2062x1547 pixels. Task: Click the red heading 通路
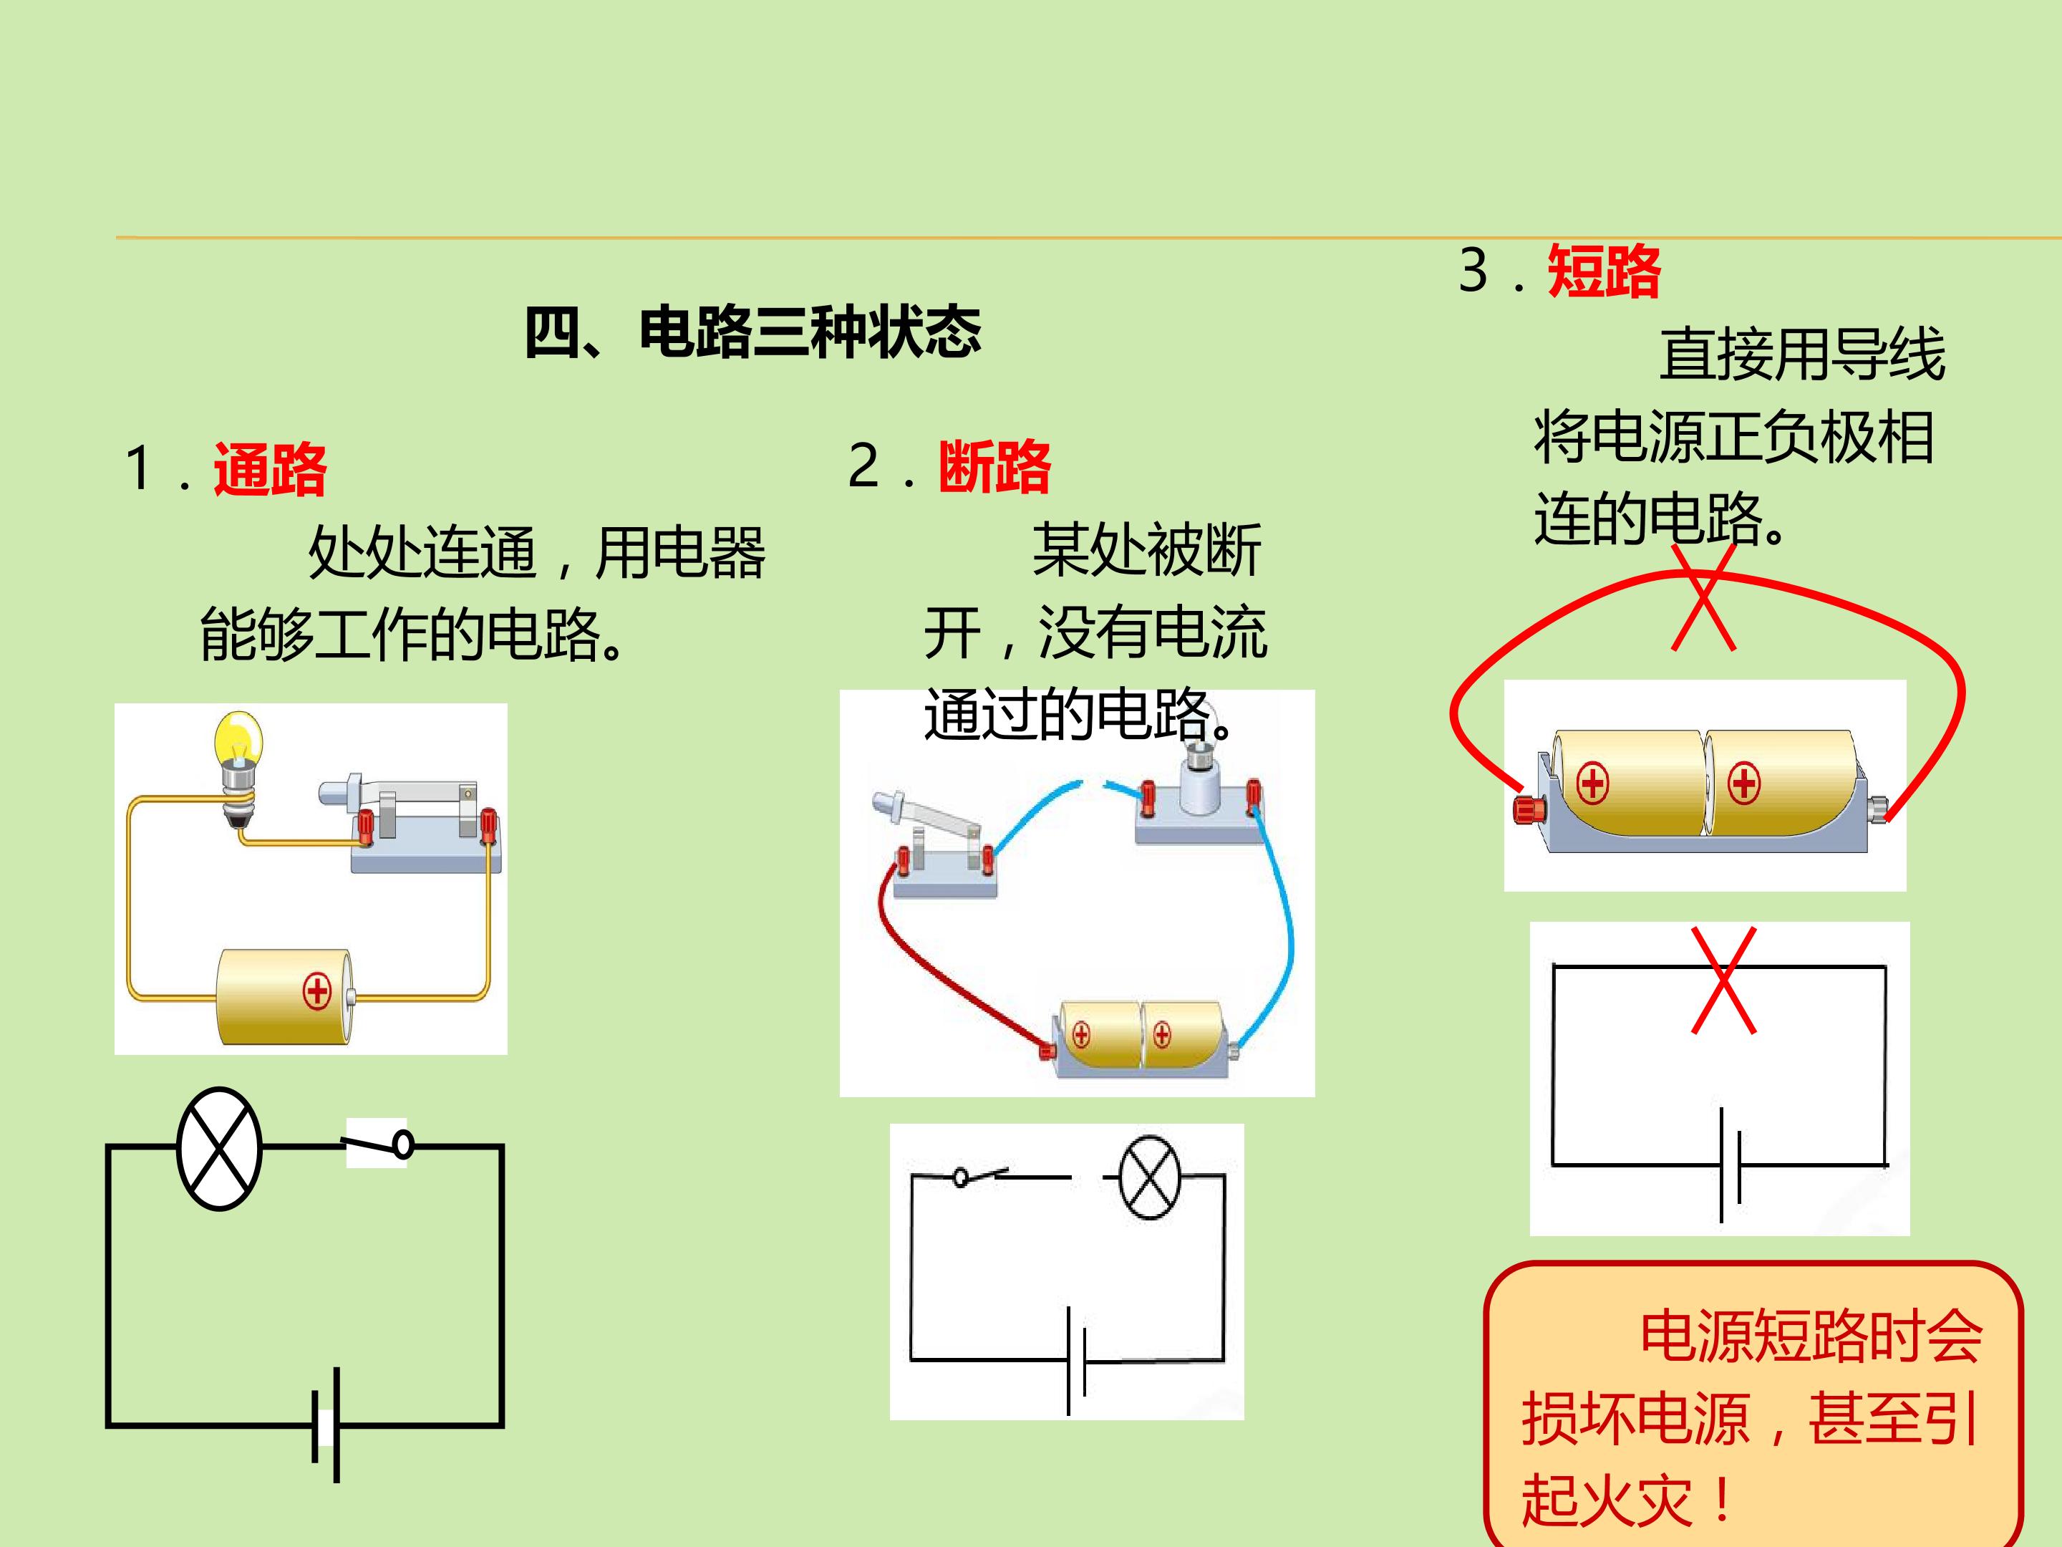(x=271, y=469)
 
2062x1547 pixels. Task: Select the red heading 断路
(x=994, y=466)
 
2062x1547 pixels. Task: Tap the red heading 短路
(x=1603, y=271)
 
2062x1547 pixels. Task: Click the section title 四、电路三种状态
(x=752, y=332)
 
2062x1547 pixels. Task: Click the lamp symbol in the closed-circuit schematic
(x=219, y=1148)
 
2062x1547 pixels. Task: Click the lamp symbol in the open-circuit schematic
(x=1149, y=1177)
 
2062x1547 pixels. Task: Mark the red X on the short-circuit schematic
(x=1723, y=979)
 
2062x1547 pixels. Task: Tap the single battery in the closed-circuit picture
(x=284, y=997)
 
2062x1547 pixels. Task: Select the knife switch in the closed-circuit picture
(x=410, y=821)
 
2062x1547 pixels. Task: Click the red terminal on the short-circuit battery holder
(x=1529, y=809)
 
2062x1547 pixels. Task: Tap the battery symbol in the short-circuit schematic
(x=1730, y=1165)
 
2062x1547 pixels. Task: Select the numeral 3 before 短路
(x=1473, y=271)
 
